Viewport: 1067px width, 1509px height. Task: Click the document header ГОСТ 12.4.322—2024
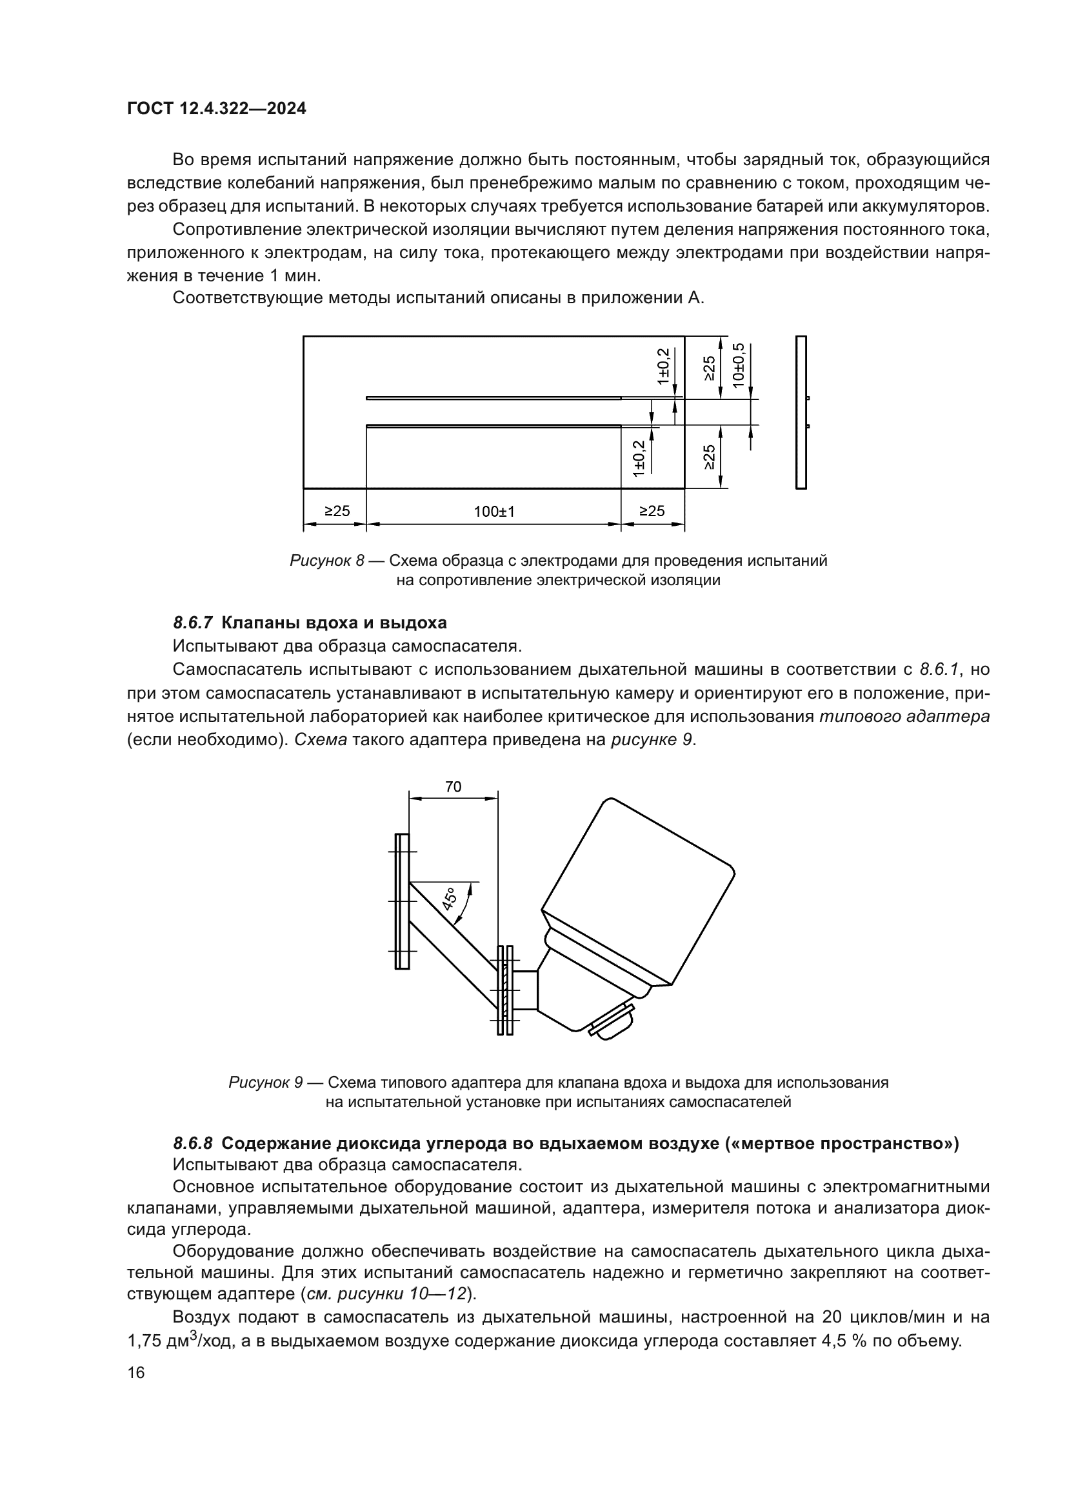click(x=216, y=109)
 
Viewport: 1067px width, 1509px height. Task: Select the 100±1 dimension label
click(x=494, y=512)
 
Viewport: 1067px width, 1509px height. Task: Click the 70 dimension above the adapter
click(x=454, y=786)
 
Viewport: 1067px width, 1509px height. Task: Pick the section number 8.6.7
click(x=193, y=623)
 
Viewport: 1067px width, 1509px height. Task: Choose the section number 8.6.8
click(x=193, y=1143)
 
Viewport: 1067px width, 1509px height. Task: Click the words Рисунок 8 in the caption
click(x=326, y=561)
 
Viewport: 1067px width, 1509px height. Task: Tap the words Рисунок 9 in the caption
click(x=265, y=1083)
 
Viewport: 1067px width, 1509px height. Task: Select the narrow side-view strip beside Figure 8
click(x=801, y=412)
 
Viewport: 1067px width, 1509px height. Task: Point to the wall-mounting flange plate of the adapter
click(x=402, y=901)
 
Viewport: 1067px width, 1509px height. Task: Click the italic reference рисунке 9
click(x=652, y=739)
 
